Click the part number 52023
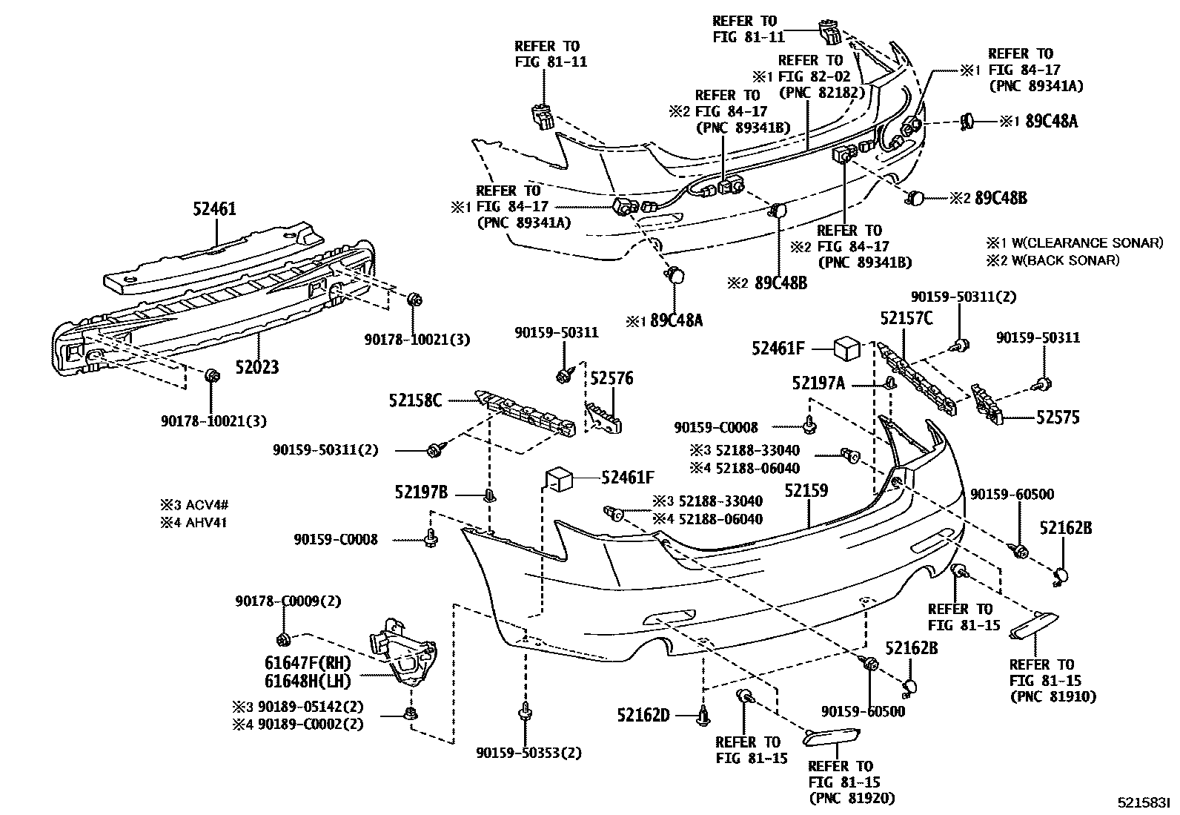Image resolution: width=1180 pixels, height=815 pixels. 257,366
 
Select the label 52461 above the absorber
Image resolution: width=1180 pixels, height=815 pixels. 214,209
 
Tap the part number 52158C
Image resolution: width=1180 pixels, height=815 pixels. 415,400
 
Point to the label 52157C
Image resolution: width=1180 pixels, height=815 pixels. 906,318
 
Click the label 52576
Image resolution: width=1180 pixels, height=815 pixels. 611,378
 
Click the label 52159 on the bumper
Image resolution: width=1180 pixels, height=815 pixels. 806,490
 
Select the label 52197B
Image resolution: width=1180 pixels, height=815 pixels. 421,492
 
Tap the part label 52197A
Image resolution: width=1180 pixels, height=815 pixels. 818,383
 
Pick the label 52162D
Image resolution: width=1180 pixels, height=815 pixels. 643,715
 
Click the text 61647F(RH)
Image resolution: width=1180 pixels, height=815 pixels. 308,663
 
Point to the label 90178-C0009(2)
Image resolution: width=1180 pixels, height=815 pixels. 289,601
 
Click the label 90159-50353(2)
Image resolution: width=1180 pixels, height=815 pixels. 529,753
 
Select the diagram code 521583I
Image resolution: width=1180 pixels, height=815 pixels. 1144,802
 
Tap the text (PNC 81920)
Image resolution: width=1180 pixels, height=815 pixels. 851,798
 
